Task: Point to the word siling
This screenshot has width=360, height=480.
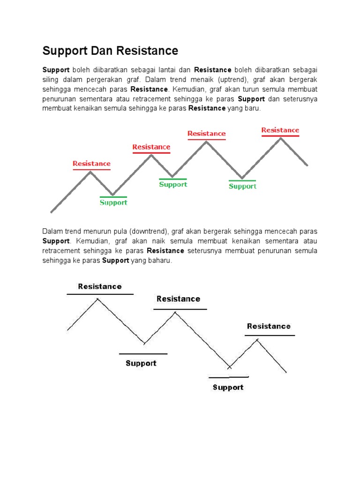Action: point(50,79)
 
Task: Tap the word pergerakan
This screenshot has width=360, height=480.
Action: point(105,79)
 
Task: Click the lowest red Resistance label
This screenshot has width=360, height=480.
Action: point(92,164)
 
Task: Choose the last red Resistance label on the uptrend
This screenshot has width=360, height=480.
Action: point(280,130)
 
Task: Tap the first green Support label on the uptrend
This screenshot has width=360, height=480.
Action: point(113,202)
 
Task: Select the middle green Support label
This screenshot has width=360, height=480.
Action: point(173,184)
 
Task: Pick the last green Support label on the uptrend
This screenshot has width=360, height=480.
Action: point(242,186)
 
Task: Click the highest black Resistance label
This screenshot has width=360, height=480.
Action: point(100,286)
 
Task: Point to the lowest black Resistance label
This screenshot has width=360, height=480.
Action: point(269,326)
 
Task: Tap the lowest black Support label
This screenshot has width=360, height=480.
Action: point(228,387)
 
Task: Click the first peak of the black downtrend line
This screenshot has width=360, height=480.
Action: point(97,299)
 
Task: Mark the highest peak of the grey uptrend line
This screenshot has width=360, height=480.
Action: point(281,137)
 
